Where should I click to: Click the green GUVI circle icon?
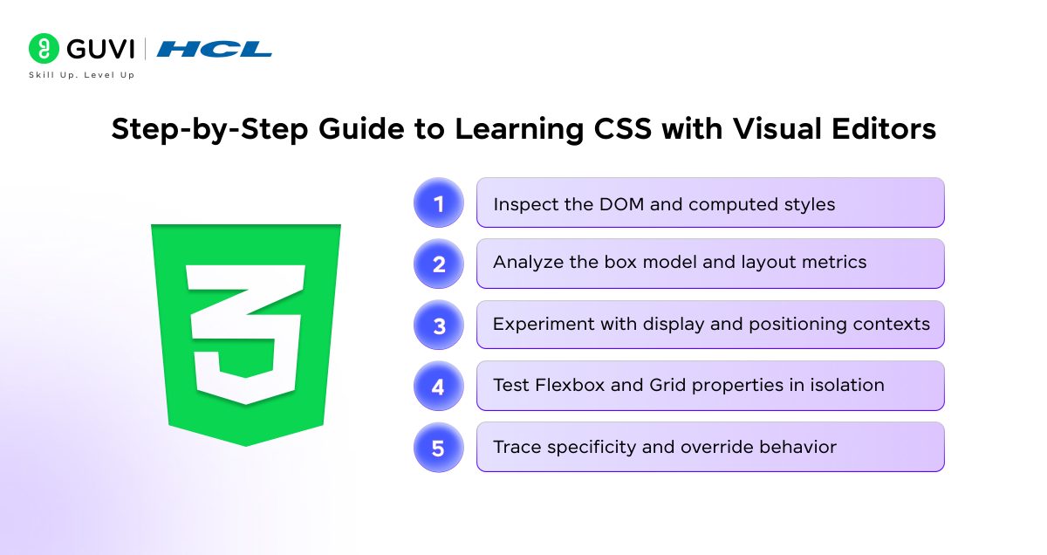click(x=44, y=48)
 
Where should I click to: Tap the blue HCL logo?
click(x=214, y=49)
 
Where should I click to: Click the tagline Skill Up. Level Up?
click(x=82, y=75)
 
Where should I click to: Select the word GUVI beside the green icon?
click(x=100, y=49)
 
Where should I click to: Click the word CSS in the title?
click(x=623, y=128)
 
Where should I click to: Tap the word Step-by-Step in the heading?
click(x=210, y=129)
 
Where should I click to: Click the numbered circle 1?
click(x=438, y=203)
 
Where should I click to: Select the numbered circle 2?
click(x=438, y=264)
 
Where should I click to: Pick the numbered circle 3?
click(x=438, y=325)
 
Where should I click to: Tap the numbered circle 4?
click(x=438, y=387)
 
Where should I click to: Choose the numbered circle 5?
click(x=438, y=448)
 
